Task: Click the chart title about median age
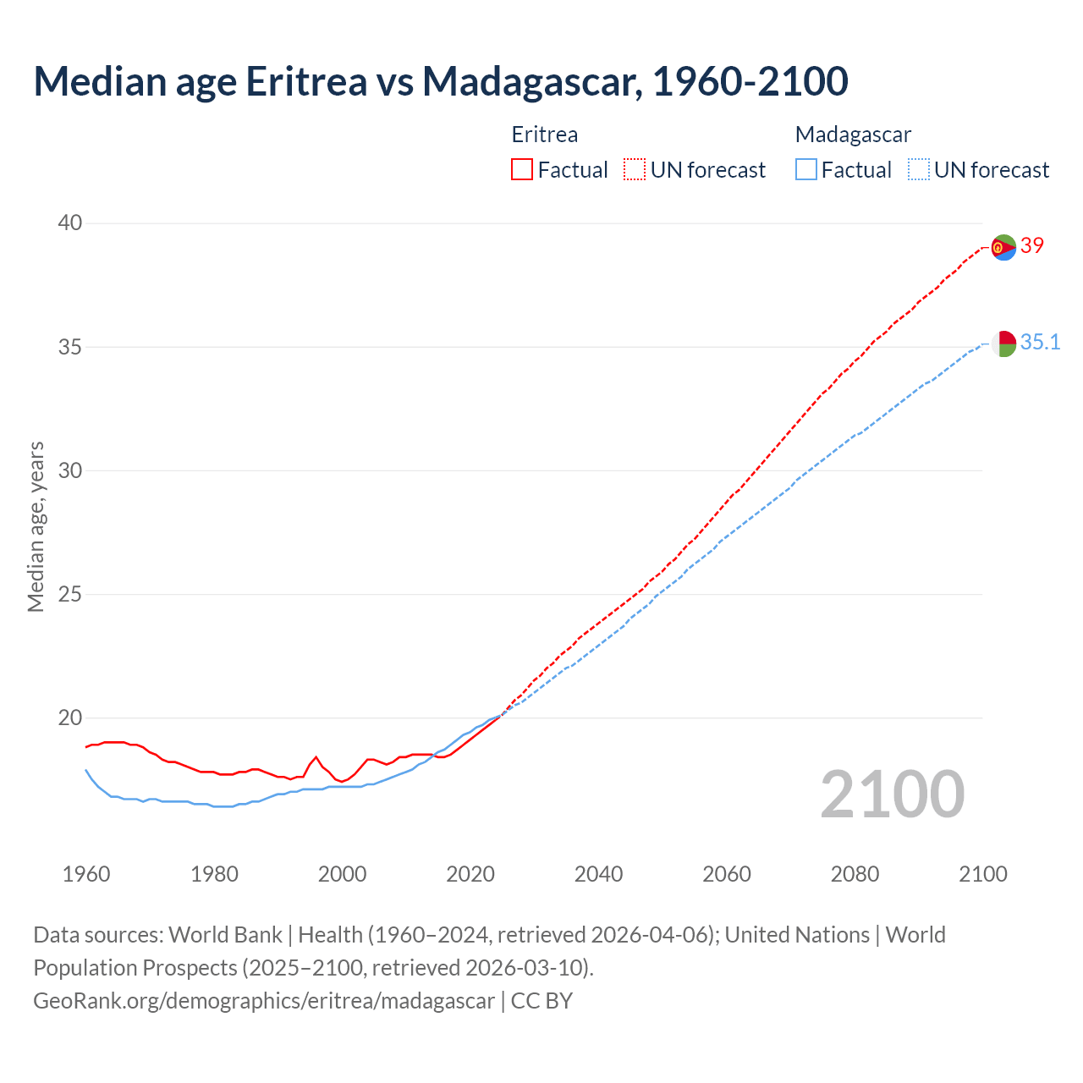(440, 81)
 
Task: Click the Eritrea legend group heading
(544, 135)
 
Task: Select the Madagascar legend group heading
(853, 135)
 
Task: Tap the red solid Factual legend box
(522, 170)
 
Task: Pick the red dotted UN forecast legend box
(635, 170)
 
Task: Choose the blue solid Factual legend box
(806, 170)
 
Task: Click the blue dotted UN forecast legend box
(918, 170)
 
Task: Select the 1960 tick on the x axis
(86, 874)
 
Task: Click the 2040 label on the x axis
(598, 874)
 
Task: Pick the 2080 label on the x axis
(855, 874)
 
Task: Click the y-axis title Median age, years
(36, 526)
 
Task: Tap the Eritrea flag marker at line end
(1003, 248)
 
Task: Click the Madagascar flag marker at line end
(1003, 344)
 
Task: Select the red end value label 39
(1032, 245)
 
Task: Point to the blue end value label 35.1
(1040, 342)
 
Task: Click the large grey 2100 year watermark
(893, 794)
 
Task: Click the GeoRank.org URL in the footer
(264, 1001)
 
